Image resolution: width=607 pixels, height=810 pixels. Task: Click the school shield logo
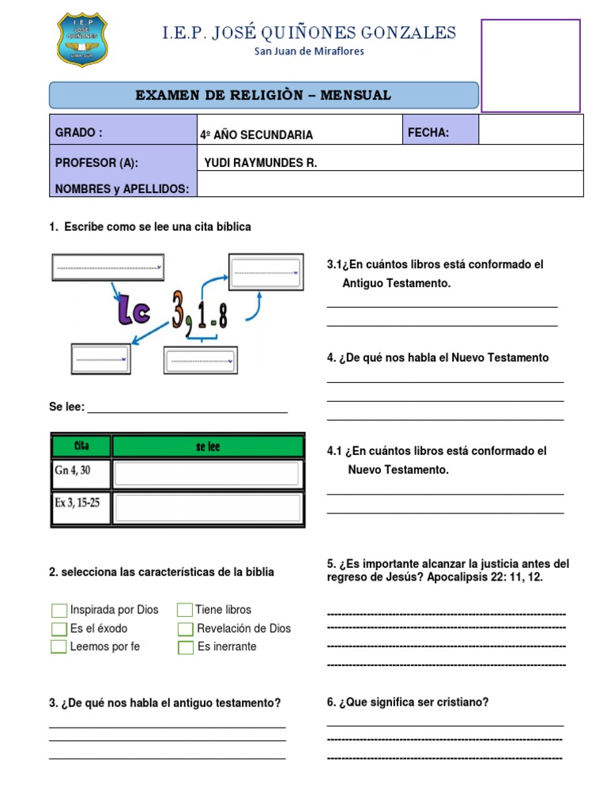pyautogui.click(x=82, y=40)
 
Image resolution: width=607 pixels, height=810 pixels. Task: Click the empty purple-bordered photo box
pyautogui.click(x=530, y=66)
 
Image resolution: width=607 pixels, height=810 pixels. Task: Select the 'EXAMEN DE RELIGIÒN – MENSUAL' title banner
pyautogui.click(x=263, y=96)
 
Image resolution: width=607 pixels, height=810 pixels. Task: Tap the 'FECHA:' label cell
pyautogui.click(x=439, y=132)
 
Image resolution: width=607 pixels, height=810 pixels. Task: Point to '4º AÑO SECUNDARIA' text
pyautogui.click(x=257, y=135)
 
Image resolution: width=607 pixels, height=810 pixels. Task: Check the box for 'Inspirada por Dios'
pyautogui.click(x=58, y=610)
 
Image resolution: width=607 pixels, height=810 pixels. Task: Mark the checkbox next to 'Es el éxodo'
pyautogui.click(x=58, y=629)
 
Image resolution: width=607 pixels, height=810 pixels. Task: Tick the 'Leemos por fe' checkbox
pyautogui.click(x=58, y=647)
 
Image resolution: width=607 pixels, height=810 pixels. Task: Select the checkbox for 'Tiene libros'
pyautogui.click(x=185, y=610)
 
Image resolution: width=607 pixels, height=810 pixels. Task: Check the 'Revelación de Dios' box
pyautogui.click(x=185, y=629)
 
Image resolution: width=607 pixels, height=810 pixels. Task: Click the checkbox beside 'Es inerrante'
pyautogui.click(x=185, y=647)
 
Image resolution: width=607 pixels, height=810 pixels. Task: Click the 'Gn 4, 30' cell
pyautogui.click(x=81, y=473)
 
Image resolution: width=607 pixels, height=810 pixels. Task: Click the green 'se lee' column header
pyautogui.click(x=208, y=447)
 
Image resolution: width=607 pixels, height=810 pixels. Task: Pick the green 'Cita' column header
pyautogui.click(x=81, y=447)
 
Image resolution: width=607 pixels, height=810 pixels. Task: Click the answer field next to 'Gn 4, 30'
pyautogui.click(x=207, y=474)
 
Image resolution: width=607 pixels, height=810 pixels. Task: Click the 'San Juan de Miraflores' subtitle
pyautogui.click(x=309, y=51)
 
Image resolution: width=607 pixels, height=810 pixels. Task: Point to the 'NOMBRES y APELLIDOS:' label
pyautogui.click(x=123, y=188)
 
